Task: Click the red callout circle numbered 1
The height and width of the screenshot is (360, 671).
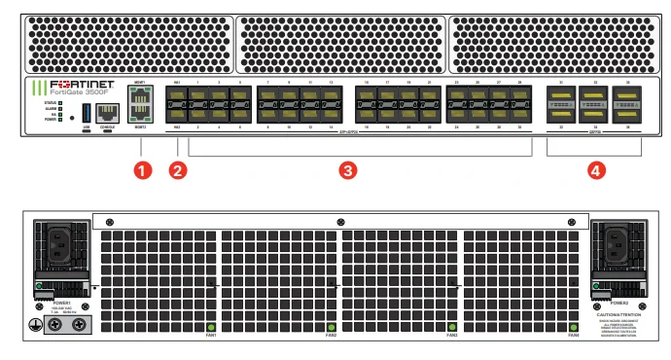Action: pyautogui.click(x=144, y=170)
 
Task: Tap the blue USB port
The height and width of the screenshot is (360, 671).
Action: pyautogui.click(x=87, y=109)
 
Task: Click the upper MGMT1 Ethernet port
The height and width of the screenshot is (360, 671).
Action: pyautogui.click(x=140, y=97)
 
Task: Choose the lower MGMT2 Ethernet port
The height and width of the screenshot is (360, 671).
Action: pyautogui.click(x=140, y=115)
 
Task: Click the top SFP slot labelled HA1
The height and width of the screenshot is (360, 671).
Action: pyautogui.click(x=177, y=98)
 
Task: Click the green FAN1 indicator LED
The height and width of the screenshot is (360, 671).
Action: pyautogui.click(x=210, y=327)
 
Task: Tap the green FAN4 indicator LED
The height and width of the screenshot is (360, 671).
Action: pyautogui.click(x=573, y=327)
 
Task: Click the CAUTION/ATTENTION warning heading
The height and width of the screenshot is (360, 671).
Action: pyautogui.click(x=618, y=316)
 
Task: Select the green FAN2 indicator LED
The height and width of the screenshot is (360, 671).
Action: pyautogui.click(x=331, y=327)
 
